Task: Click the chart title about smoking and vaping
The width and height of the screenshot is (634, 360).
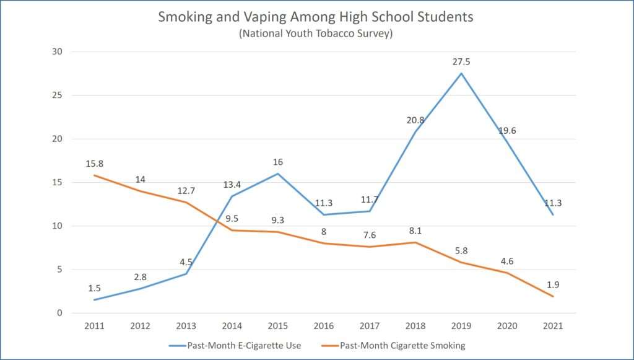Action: tap(315, 17)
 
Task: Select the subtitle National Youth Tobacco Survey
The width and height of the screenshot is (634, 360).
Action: tap(315, 34)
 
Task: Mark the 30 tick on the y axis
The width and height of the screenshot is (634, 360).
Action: tap(57, 52)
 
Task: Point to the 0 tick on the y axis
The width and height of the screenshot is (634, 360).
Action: tap(59, 313)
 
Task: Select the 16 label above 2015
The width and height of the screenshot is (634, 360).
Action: tap(278, 162)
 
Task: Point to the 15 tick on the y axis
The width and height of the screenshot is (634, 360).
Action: tap(57, 182)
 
